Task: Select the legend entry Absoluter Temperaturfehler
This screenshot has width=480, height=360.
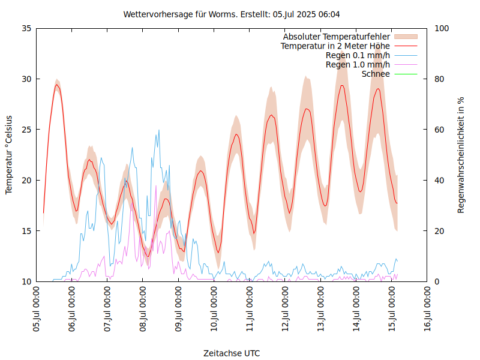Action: [337, 37]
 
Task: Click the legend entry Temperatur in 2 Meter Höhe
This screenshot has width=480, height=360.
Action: [335, 46]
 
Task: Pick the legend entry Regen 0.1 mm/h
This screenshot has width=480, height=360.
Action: [358, 55]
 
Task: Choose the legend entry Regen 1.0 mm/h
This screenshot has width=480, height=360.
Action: [358, 65]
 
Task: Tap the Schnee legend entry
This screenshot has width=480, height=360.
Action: [376, 74]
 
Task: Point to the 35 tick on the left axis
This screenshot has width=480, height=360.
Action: [26, 28]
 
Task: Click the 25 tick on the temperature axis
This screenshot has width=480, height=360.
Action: [26, 130]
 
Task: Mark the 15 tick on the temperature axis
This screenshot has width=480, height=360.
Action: [26, 231]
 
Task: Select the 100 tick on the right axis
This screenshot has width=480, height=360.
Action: [441, 28]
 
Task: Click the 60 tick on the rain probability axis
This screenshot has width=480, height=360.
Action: [439, 130]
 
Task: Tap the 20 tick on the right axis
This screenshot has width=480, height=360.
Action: [439, 231]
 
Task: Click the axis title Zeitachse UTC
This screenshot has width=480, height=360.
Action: [232, 353]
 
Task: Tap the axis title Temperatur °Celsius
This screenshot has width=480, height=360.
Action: [9, 154]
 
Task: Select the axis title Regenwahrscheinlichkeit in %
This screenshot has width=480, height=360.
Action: [461, 154]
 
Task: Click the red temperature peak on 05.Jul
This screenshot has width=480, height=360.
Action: [56, 85]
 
